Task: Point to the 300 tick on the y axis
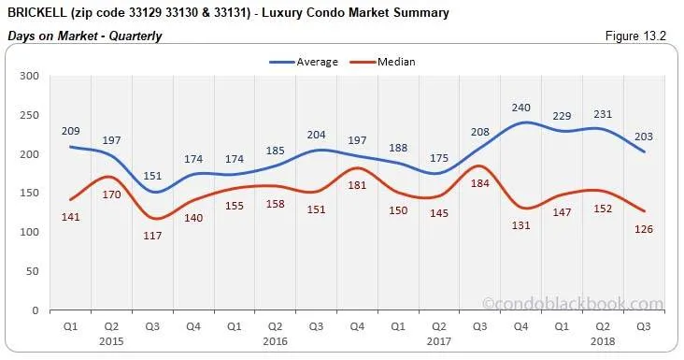[x=29, y=76]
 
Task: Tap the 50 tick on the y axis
[x=32, y=271]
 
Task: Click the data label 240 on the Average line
[x=521, y=108]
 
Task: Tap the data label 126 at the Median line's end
[x=644, y=229]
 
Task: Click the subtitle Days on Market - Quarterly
[x=85, y=36]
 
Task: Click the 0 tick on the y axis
[x=36, y=310]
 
